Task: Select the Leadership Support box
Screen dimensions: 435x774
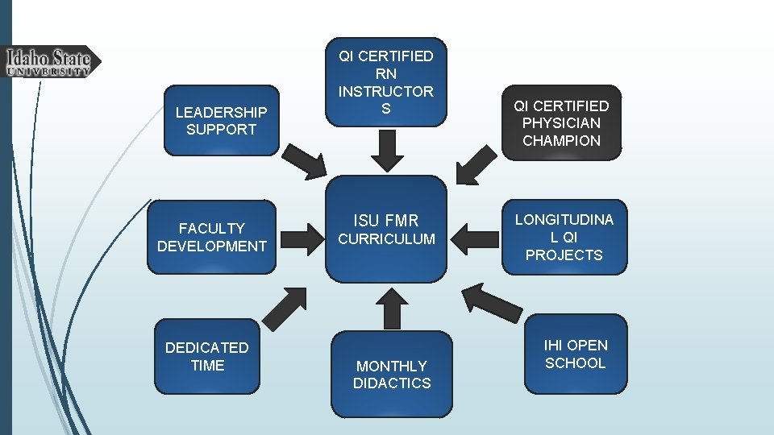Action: pyautogui.click(x=221, y=120)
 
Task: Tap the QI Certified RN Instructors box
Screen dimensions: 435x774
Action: pyautogui.click(x=385, y=82)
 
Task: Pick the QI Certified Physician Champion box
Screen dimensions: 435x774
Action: pyautogui.click(x=564, y=122)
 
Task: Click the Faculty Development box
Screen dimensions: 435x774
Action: pyautogui.click(x=212, y=237)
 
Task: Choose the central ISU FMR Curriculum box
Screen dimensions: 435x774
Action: pyautogui.click(x=386, y=229)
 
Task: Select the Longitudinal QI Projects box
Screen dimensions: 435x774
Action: pyautogui.click(x=564, y=237)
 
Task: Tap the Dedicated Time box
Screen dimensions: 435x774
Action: pyautogui.click(x=207, y=356)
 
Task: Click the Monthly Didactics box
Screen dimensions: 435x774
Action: pyautogui.click(x=392, y=374)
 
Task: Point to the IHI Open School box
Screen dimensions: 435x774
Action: pyautogui.click(x=576, y=354)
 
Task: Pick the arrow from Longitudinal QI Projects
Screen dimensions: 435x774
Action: pyautogui.click(x=475, y=238)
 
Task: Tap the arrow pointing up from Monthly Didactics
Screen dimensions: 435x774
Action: pyautogui.click(x=392, y=309)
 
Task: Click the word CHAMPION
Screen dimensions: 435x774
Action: pyautogui.click(x=564, y=140)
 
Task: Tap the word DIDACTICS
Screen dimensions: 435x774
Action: pyautogui.click(x=392, y=383)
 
